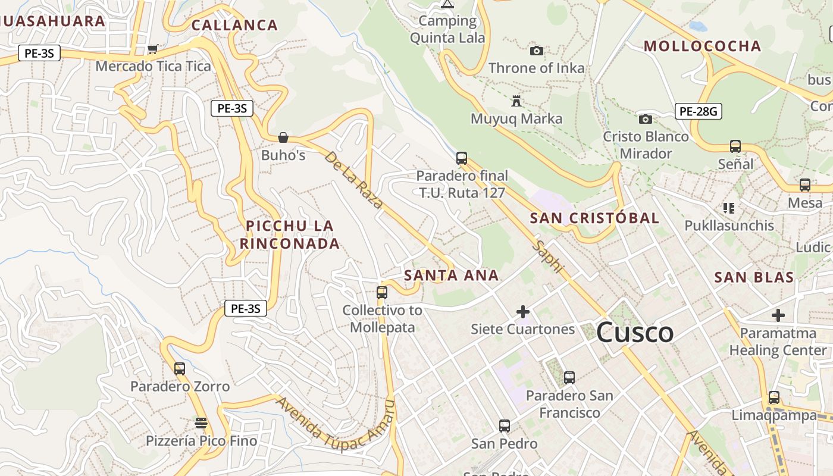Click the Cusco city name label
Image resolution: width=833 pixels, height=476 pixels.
[x=634, y=333]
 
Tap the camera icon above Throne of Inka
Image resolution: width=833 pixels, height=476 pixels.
[x=537, y=51]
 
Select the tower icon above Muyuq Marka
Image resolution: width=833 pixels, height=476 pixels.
[x=516, y=101]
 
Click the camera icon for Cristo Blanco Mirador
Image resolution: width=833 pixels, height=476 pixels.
[x=646, y=120]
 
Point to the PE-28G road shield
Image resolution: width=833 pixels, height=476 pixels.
[x=699, y=111]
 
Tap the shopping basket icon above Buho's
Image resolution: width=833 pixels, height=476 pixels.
[x=283, y=137]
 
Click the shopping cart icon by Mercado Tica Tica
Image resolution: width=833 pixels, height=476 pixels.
[x=152, y=49]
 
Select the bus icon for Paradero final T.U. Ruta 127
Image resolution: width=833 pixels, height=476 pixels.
[x=462, y=158]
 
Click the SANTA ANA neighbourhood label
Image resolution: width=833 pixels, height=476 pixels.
[x=451, y=275]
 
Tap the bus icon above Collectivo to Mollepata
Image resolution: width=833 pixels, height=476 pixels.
[x=382, y=293]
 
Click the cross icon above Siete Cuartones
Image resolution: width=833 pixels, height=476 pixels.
[x=523, y=312]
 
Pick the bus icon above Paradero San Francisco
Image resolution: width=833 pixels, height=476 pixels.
[x=569, y=377]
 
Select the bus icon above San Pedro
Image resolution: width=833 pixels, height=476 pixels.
[x=505, y=426]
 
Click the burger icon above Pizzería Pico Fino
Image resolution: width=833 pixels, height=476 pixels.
[x=201, y=423]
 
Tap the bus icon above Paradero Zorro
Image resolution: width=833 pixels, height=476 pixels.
[x=180, y=369]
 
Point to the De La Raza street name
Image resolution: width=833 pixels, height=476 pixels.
[x=354, y=180]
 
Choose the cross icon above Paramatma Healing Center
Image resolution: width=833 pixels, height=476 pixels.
[x=778, y=315]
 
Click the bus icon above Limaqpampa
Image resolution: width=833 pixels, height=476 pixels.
[x=774, y=397]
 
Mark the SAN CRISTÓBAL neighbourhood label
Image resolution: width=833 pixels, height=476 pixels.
[x=594, y=218]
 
